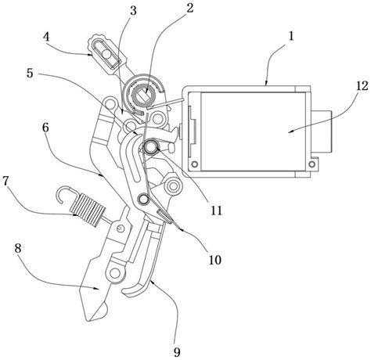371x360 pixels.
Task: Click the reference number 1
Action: click(x=291, y=36)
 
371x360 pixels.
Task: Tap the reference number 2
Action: click(x=190, y=8)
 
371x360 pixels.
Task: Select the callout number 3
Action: click(x=133, y=11)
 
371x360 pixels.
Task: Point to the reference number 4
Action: click(x=46, y=37)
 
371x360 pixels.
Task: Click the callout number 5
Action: click(x=30, y=74)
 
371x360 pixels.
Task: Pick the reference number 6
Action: click(x=45, y=128)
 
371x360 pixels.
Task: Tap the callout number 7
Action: click(x=5, y=181)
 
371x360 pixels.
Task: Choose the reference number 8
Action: click(x=18, y=249)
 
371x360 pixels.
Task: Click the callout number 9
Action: click(x=177, y=352)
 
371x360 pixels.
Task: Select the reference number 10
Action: click(x=214, y=260)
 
